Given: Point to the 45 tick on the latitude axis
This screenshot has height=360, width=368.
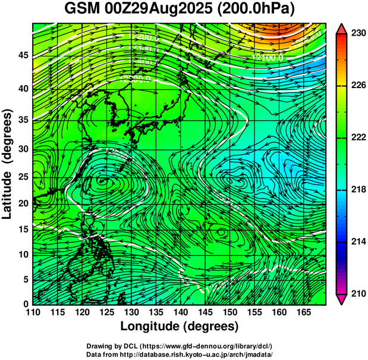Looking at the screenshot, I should pos(22,55).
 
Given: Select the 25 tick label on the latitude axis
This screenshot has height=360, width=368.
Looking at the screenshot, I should pos(22,177).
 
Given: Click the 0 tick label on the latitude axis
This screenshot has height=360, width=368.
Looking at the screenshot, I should pos(25,304).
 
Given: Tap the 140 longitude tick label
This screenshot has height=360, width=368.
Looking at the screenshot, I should pos(180,312).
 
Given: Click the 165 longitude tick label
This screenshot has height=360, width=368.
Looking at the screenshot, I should pos(302,312).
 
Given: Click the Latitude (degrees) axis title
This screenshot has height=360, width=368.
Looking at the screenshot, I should pos(8,164).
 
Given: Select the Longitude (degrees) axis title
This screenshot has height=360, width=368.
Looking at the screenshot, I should pos(180,326).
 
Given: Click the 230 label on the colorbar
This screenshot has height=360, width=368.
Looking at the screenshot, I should pos(358,33).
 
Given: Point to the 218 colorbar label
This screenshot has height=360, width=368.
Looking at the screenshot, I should pos(358,190).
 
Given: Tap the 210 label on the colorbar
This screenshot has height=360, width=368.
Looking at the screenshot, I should pos(358,293).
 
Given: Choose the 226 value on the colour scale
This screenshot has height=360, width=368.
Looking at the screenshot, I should pos(358,86).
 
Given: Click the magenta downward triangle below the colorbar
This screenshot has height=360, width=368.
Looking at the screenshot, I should pos(342,299).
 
